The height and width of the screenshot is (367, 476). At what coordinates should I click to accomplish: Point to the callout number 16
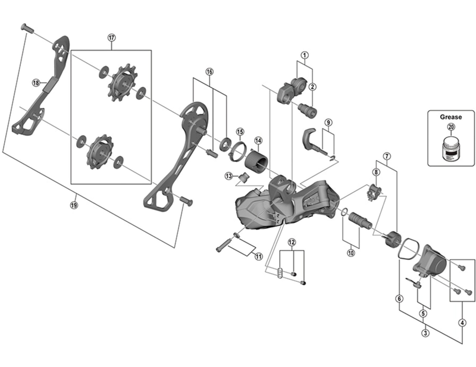(209, 71)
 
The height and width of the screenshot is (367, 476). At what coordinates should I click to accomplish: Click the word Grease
(450, 117)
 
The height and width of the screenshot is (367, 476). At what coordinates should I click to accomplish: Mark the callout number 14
(258, 141)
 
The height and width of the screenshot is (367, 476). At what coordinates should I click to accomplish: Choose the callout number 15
(240, 131)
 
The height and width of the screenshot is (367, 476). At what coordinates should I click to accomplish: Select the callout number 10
(351, 252)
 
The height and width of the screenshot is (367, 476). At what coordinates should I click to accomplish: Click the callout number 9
(328, 123)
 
